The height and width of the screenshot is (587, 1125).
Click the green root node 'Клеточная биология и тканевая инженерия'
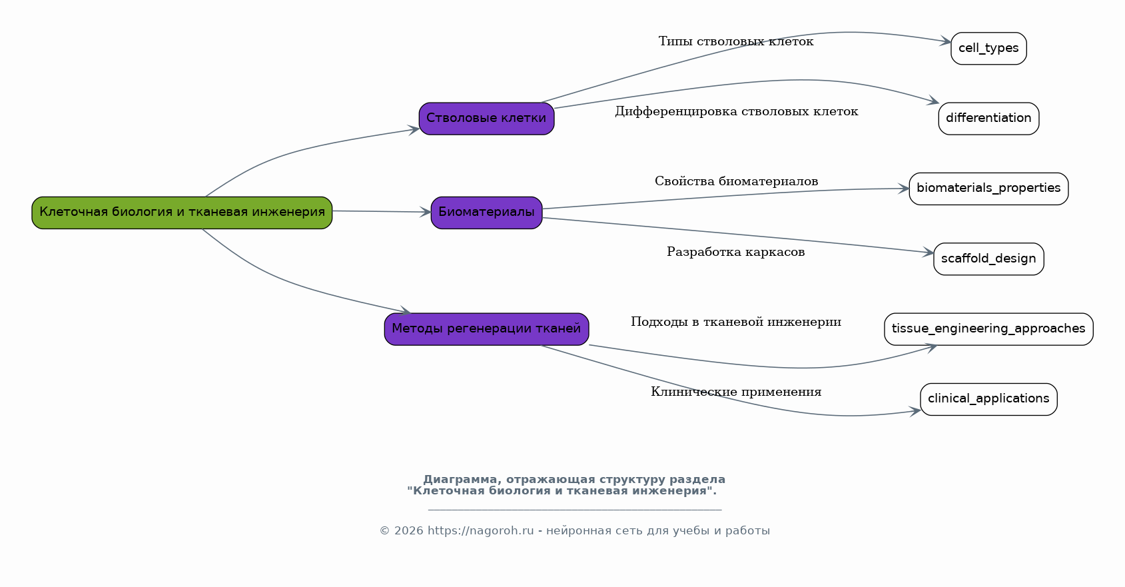coord(182,213)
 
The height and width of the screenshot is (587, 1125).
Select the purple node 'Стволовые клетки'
coord(486,119)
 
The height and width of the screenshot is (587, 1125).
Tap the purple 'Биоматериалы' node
coord(486,213)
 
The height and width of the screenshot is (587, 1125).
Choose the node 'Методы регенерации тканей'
coord(486,329)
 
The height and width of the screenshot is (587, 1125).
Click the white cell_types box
coord(988,49)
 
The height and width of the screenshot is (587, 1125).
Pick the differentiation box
coord(988,119)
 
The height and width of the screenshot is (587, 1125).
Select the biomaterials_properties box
coord(988,189)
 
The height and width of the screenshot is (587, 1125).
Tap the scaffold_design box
coord(988,259)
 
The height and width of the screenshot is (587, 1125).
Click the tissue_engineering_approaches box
coord(988,329)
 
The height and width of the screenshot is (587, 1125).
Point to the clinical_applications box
coord(988,399)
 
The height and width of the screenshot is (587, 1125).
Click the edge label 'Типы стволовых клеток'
coord(736,42)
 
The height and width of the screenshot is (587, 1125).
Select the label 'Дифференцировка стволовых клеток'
coord(736,112)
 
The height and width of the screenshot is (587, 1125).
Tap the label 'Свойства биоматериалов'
coord(736,182)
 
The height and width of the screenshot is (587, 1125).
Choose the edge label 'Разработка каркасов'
coord(736,253)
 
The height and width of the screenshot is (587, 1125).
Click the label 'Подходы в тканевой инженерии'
coord(736,322)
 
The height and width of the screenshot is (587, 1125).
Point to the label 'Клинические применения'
coord(736,392)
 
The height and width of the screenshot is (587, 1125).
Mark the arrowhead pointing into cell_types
coord(946,42)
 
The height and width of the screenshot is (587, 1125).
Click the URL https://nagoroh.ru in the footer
coord(480,531)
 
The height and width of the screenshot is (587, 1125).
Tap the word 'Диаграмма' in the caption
coord(459,480)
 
